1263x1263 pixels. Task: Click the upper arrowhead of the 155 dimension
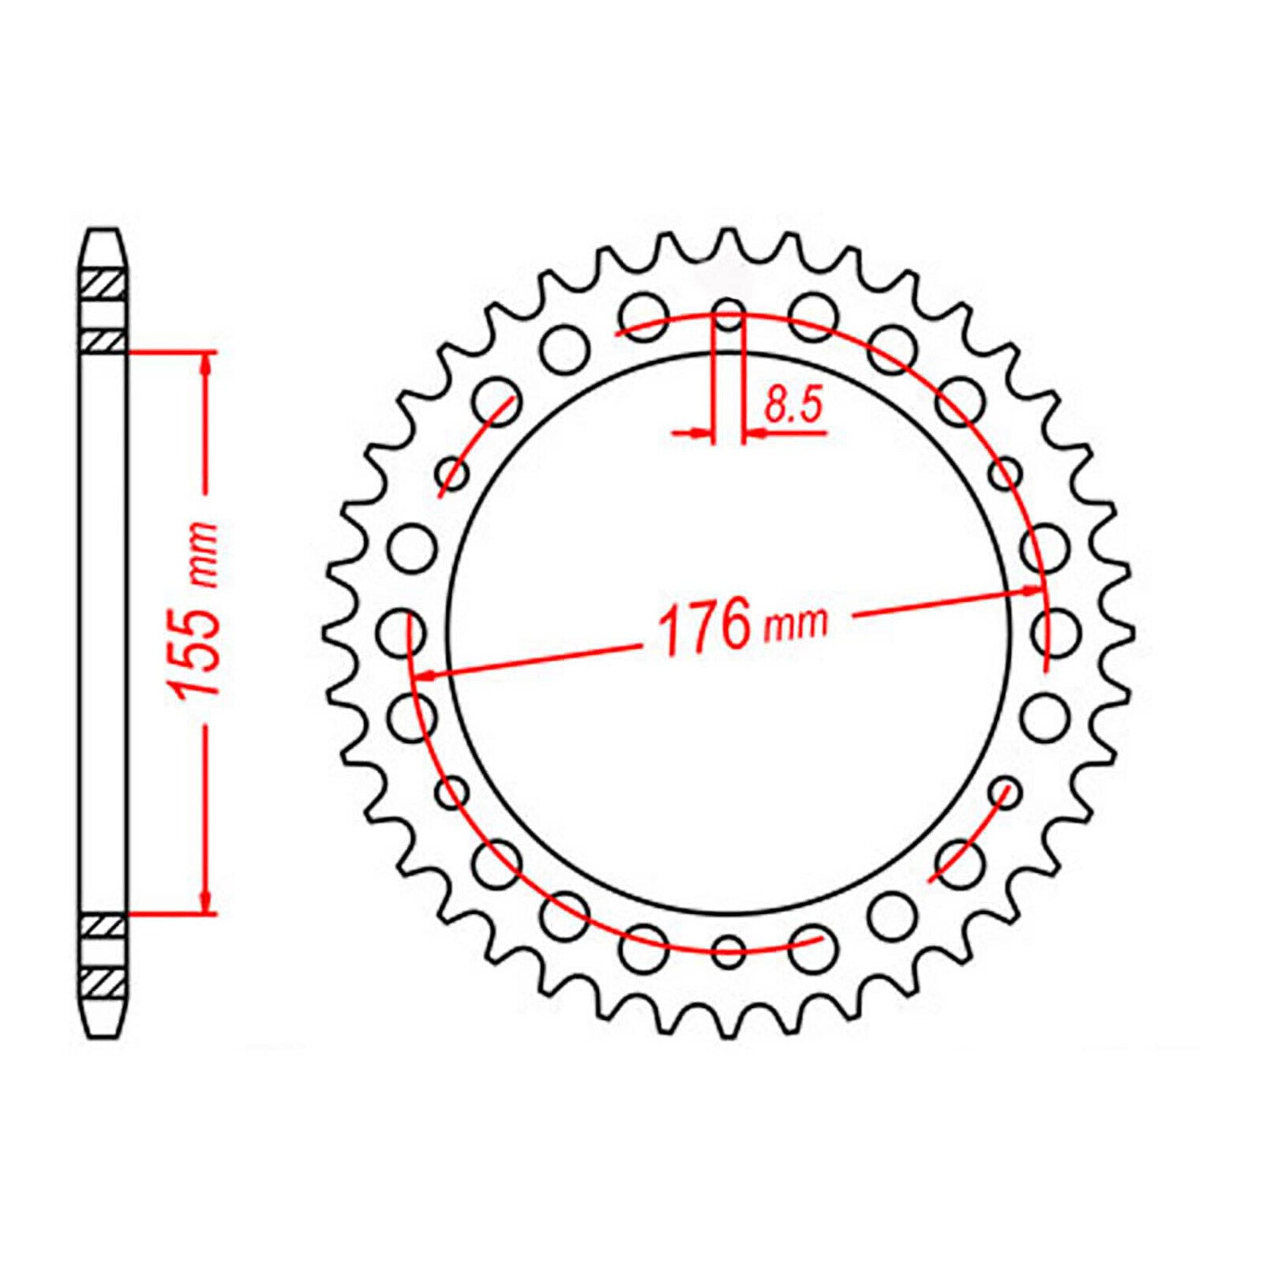[x=207, y=364]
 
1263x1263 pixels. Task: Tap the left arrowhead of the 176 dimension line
[x=426, y=675]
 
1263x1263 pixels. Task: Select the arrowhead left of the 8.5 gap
[x=699, y=433]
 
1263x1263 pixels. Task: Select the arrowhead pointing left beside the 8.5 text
[x=755, y=433]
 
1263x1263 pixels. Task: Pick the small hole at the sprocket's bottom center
[x=728, y=948]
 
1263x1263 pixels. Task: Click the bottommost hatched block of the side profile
[x=103, y=981]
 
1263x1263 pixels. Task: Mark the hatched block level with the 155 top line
[x=103, y=340]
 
